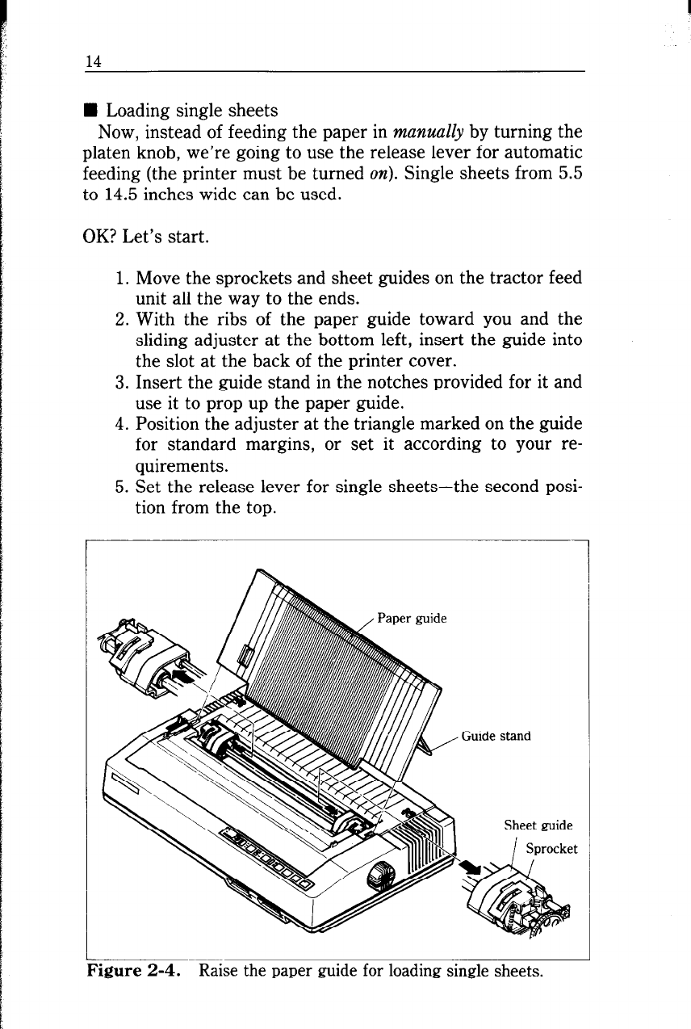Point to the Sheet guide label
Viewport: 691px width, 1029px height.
point(538,825)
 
